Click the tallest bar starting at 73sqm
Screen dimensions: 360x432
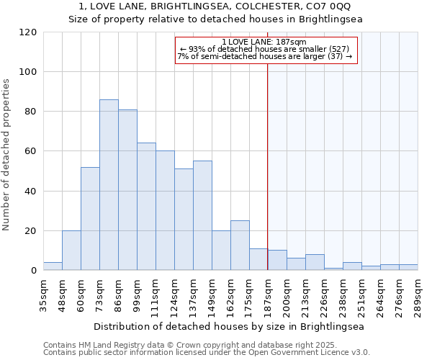coord(109,185)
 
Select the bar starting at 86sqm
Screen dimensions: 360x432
coord(127,190)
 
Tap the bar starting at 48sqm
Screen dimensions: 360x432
coord(71,251)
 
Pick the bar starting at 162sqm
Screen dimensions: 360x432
coord(240,246)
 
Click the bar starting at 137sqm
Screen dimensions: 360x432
coord(202,215)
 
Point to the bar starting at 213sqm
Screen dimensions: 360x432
coord(315,263)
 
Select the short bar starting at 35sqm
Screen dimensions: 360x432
coord(53,266)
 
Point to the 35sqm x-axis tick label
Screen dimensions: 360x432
coord(43,294)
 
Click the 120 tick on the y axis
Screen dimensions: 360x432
coord(28,32)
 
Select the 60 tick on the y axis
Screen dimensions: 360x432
coord(31,151)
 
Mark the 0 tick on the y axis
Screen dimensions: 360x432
coord(33,271)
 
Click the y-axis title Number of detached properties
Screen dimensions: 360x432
coord(6,155)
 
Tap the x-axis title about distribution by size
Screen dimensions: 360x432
coord(229,326)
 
